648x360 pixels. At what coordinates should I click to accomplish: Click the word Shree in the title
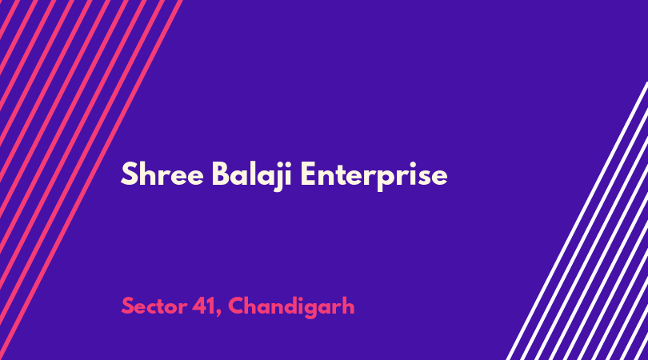pyautogui.click(x=162, y=174)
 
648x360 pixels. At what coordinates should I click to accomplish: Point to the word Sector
pyautogui.click(x=154, y=306)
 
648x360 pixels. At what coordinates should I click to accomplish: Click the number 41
pyautogui.click(x=204, y=306)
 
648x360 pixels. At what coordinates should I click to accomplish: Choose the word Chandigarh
pyautogui.click(x=291, y=308)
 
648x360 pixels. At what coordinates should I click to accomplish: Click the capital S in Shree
pyautogui.click(x=129, y=174)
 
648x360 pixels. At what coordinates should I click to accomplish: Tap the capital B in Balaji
pyautogui.click(x=221, y=174)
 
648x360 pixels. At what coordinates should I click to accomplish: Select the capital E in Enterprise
pyautogui.click(x=308, y=174)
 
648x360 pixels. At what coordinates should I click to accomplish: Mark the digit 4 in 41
pyautogui.click(x=200, y=306)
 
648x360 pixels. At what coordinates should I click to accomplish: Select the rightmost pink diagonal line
pyautogui.click(x=91, y=180)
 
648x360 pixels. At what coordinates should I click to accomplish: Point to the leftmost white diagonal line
pyautogui.click(x=577, y=221)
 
